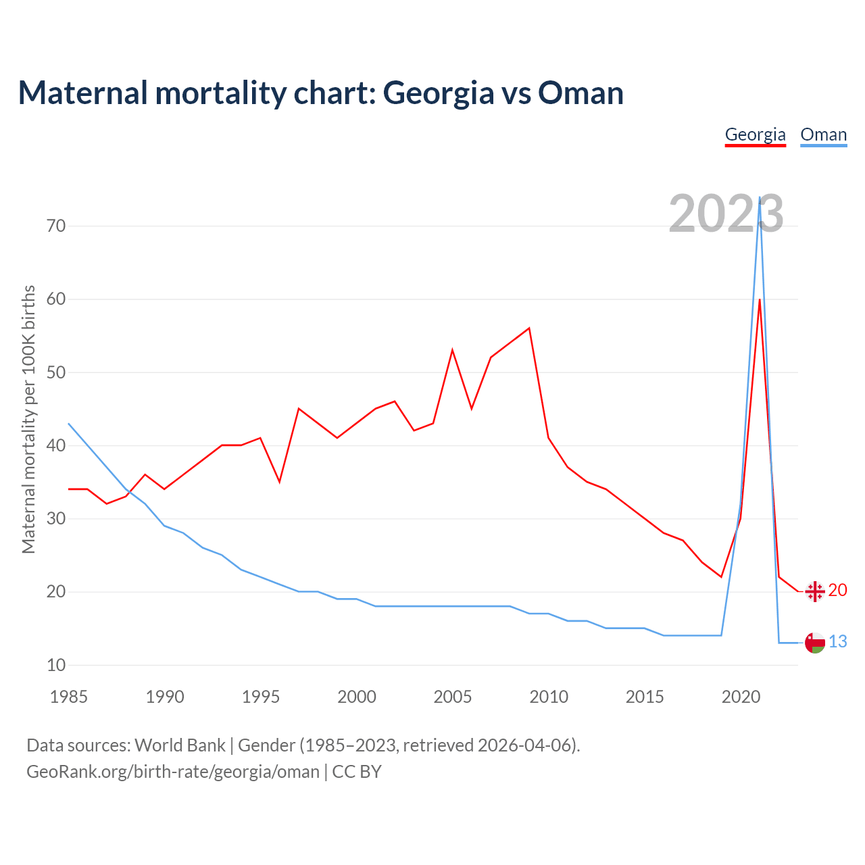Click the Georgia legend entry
[x=755, y=134]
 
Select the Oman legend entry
[x=823, y=134]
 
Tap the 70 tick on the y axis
[x=57, y=226]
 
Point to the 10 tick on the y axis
[x=57, y=665]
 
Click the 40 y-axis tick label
[x=57, y=445]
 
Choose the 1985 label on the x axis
[x=69, y=697]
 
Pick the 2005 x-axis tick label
[x=453, y=697]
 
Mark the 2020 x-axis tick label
[x=741, y=697]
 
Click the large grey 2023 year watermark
[x=726, y=214]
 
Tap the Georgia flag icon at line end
[x=815, y=591]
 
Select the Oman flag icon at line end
[x=815, y=643]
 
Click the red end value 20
[x=837, y=590]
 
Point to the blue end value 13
[x=837, y=641]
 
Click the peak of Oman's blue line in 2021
[x=760, y=198]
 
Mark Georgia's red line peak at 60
[x=760, y=299]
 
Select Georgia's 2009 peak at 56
[x=529, y=328]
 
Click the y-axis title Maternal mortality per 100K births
[x=28, y=419]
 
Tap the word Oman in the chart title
[x=580, y=93]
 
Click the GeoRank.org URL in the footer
[x=173, y=771]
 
